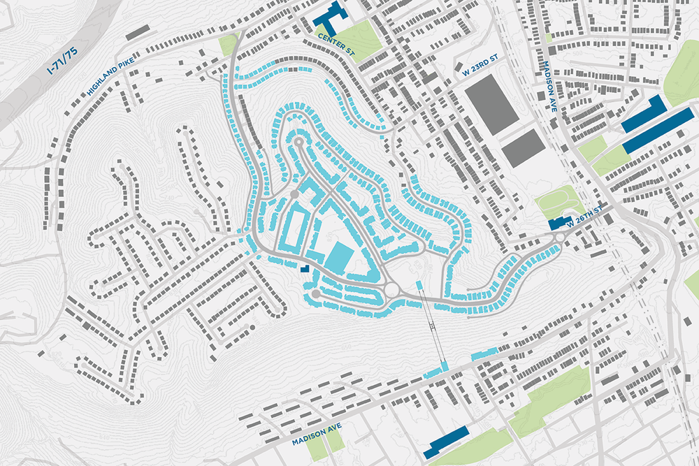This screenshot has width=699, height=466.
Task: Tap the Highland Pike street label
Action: click(110, 76)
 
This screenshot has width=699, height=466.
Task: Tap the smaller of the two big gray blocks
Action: click(523, 147)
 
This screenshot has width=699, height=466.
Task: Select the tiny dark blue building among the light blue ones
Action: click(305, 267)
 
